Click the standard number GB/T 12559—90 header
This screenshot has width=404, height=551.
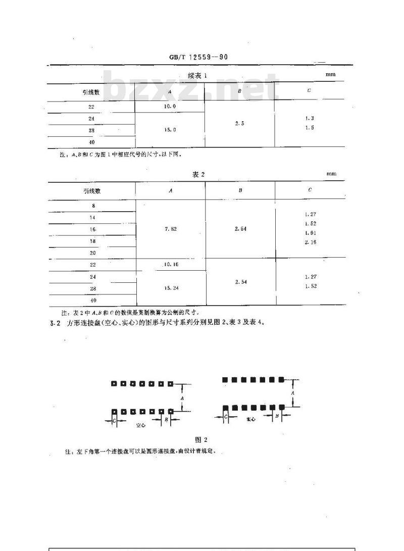pyautogui.click(x=198, y=57)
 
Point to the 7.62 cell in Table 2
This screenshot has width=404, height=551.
pyautogui.click(x=170, y=229)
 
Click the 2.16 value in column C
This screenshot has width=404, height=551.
pyautogui.click(x=310, y=242)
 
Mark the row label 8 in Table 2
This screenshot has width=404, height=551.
pyautogui.click(x=92, y=206)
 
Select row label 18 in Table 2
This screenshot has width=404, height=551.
pyautogui.click(x=92, y=241)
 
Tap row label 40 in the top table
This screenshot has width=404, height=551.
pyautogui.click(x=91, y=142)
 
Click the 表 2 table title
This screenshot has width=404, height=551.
pyautogui.click(x=198, y=174)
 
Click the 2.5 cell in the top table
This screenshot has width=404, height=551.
pyautogui.click(x=239, y=123)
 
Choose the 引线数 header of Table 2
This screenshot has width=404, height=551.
pyautogui.click(x=92, y=190)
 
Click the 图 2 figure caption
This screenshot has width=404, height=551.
pyautogui.click(x=201, y=440)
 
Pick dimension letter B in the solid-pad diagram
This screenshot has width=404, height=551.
pyautogui.click(x=276, y=415)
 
